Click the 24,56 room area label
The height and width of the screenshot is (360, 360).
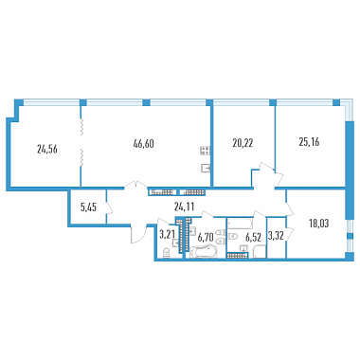point(47,150)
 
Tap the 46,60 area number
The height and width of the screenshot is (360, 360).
point(144,144)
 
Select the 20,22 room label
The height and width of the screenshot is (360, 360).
point(243,143)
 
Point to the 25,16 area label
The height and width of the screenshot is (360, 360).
point(309,142)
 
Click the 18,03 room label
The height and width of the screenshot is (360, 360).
point(319,224)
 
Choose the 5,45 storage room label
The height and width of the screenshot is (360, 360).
point(88,207)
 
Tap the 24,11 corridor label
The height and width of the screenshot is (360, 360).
point(184,207)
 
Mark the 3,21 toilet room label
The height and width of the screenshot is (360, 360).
point(168,234)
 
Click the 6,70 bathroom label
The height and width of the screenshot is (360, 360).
point(206,237)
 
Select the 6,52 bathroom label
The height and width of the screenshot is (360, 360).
point(253,238)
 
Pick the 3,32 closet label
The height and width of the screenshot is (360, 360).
point(277,235)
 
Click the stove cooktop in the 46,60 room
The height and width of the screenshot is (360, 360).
point(205,151)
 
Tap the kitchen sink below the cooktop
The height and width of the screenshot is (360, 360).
point(206,169)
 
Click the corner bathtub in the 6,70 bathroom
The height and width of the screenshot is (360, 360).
point(204,252)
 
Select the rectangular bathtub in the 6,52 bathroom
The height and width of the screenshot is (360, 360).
point(241,224)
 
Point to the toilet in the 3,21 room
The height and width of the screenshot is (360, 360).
point(166,254)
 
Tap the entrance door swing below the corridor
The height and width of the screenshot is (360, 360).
point(138,234)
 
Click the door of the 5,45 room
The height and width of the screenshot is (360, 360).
point(109,207)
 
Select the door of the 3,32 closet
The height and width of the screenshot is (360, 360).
point(290,234)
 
